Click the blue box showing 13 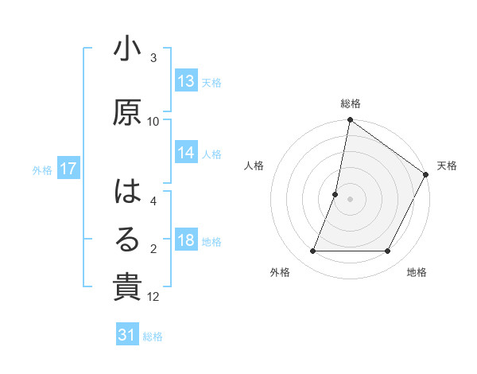186,81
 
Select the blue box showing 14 186,153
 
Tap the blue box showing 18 186,241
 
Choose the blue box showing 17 68,169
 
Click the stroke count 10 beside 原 153,121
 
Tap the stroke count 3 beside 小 153,58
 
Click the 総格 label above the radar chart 351,103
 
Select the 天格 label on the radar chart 447,166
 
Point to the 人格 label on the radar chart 254,166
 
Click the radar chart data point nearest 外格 313,251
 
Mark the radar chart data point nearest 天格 426,175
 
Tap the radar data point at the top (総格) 350,121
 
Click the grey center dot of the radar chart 350,199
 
